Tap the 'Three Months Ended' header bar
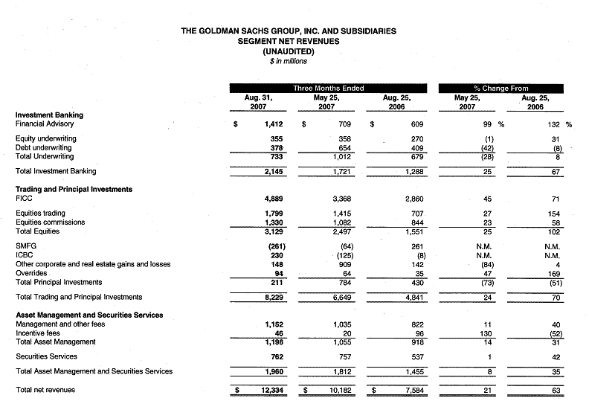[x=328, y=88]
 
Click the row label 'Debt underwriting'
[x=45, y=147]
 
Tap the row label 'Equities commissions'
[x=51, y=222]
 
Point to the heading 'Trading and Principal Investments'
[x=74, y=189]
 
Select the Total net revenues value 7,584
[x=402, y=390]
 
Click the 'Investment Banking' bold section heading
[x=49, y=115]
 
